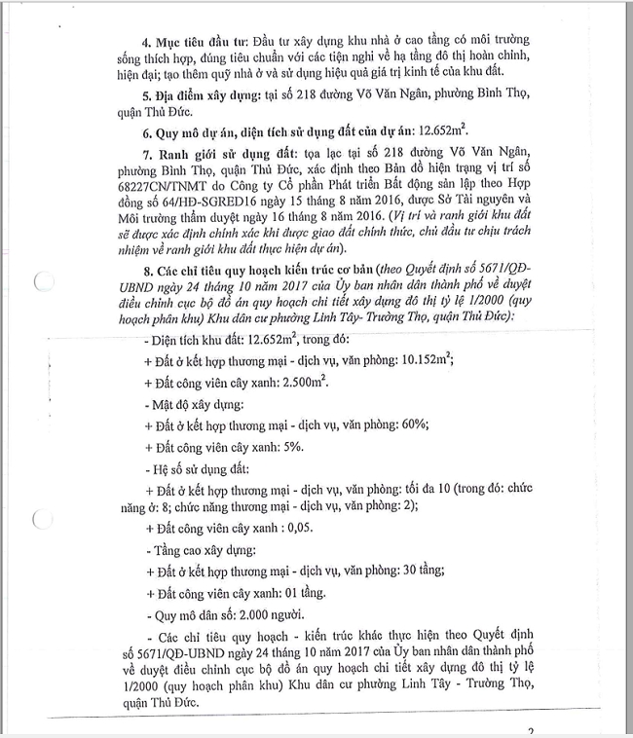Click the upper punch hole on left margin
pyautogui.click(x=43, y=283)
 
